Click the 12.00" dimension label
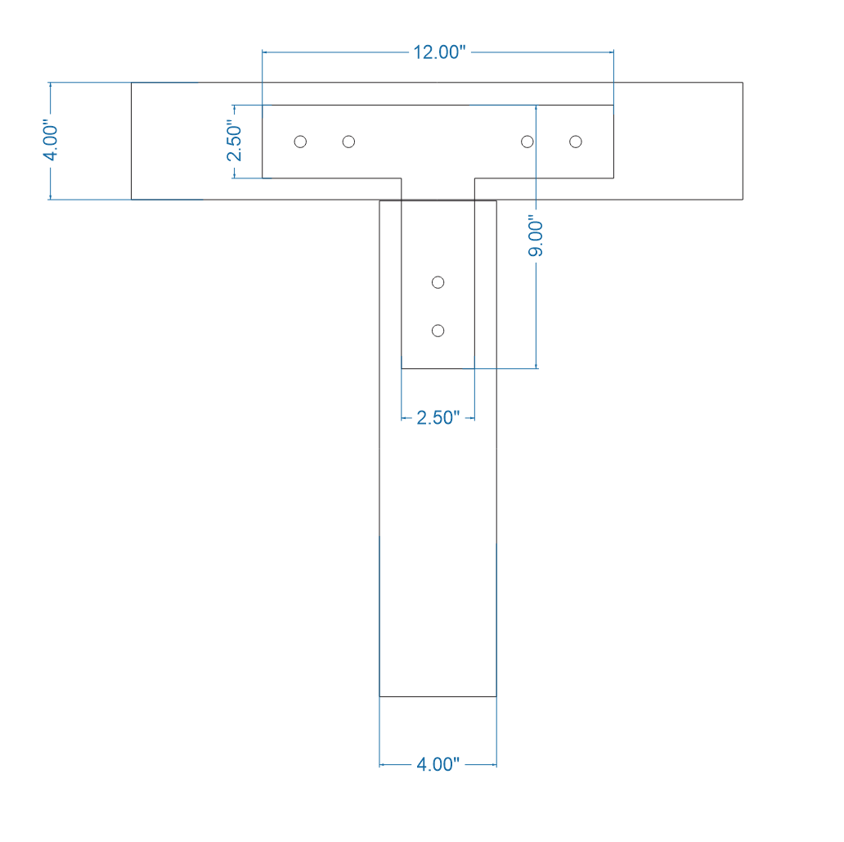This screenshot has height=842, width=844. coord(438,52)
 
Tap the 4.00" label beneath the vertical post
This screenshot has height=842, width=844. coord(438,765)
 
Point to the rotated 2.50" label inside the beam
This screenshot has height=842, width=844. coord(235,142)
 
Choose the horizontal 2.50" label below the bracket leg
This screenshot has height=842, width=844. coord(438,418)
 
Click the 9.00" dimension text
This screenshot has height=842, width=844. coord(536,236)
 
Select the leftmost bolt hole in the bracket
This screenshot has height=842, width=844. coord(300,142)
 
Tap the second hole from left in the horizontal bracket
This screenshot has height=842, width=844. coord(348,142)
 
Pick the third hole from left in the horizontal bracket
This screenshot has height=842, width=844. coord(527,142)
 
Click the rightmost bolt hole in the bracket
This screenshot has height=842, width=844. coord(576,142)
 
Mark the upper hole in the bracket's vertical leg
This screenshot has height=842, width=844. coord(438,282)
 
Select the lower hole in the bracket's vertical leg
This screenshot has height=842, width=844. coord(438,331)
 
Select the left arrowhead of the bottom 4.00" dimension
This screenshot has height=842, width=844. coord(383,765)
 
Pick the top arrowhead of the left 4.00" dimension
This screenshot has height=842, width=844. coord(51,86)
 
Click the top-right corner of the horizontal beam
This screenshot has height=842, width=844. coord(743,83)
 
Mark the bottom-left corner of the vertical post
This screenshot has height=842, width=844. coord(379,696)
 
